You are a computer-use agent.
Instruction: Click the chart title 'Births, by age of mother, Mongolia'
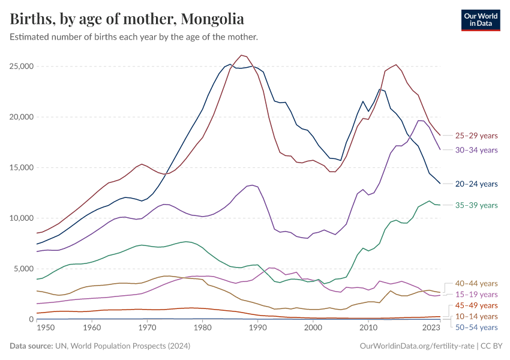point(127,19)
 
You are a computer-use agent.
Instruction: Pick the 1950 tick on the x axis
point(37,328)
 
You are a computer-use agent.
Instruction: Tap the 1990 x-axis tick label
point(258,328)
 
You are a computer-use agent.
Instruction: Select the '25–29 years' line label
point(476,136)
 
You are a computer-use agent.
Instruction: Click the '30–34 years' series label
point(476,150)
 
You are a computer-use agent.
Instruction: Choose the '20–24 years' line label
point(476,184)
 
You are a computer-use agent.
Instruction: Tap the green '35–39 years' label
point(476,205)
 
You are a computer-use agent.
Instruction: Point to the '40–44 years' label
point(476,283)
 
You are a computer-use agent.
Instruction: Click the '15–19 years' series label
point(476,295)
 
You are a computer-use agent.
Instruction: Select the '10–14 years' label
point(476,316)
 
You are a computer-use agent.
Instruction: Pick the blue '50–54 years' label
point(476,327)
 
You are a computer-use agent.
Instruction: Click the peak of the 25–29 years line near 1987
point(241,55)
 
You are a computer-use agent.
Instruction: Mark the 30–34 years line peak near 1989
point(252,185)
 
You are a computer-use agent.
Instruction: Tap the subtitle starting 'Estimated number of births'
point(134,37)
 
